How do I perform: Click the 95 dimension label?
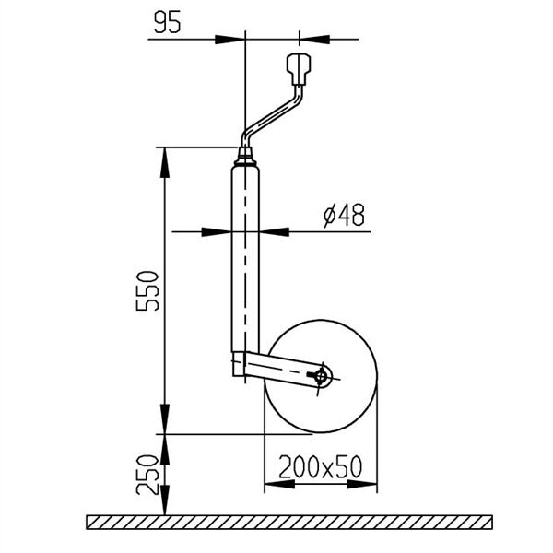tap(168, 22)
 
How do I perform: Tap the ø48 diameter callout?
tap(344, 215)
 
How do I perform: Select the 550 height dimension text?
tap(147, 290)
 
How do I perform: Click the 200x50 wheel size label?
tap(321, 466)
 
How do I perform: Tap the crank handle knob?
tap(299, 69)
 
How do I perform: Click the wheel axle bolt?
tap(320, 377)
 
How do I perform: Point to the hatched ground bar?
tap(289, 522)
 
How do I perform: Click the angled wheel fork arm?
tap(282, 370)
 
